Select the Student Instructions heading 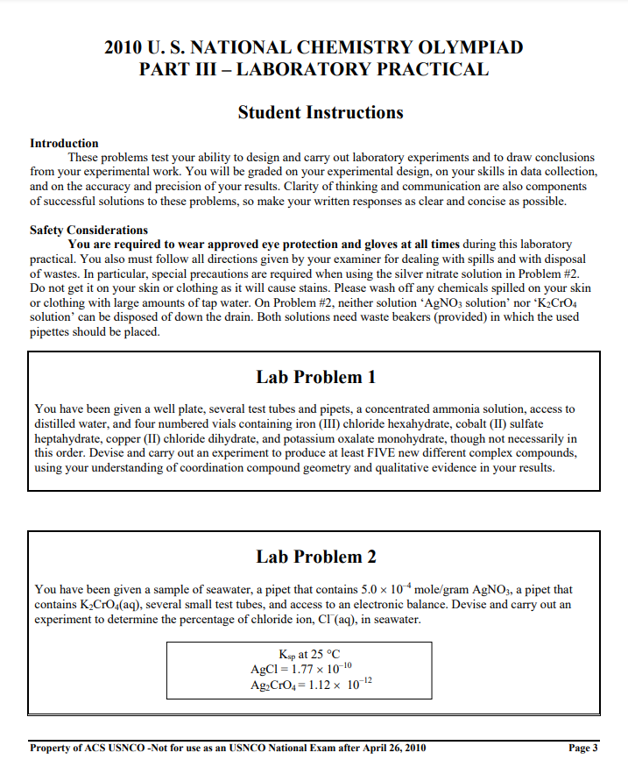(x=321, y=112)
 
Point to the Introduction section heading (x=64, y=143)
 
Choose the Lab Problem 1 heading (x=315, y=377)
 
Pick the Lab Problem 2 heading (x=315, y=557)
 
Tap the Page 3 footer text (x=582, y=748)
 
